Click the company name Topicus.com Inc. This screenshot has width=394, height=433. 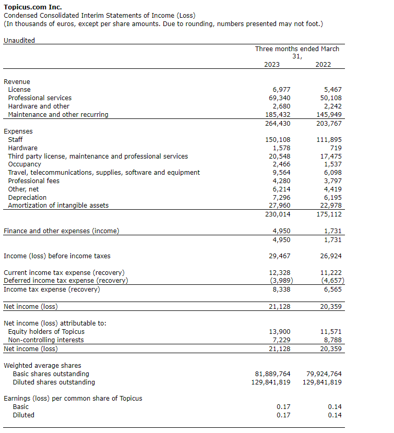pos(32,7)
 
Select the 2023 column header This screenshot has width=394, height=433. pos(271,65)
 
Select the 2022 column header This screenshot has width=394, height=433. pos(323,65)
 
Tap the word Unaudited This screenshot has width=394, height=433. pos(19,41)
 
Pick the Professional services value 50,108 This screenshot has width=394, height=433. pos(331,98)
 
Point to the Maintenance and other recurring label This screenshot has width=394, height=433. pos(58,115)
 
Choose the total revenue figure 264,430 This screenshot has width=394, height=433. pos(279,124)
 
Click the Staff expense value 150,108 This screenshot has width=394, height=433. pos(279,140)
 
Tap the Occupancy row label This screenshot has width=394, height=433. pos(25,164)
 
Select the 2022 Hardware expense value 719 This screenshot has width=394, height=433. pos(336,148)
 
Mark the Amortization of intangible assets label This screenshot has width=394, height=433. pos(58,206)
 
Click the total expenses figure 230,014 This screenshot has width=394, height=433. pos(279,214)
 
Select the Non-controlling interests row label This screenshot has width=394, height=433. pos(46,340)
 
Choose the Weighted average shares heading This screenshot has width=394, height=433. pos(42,366)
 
